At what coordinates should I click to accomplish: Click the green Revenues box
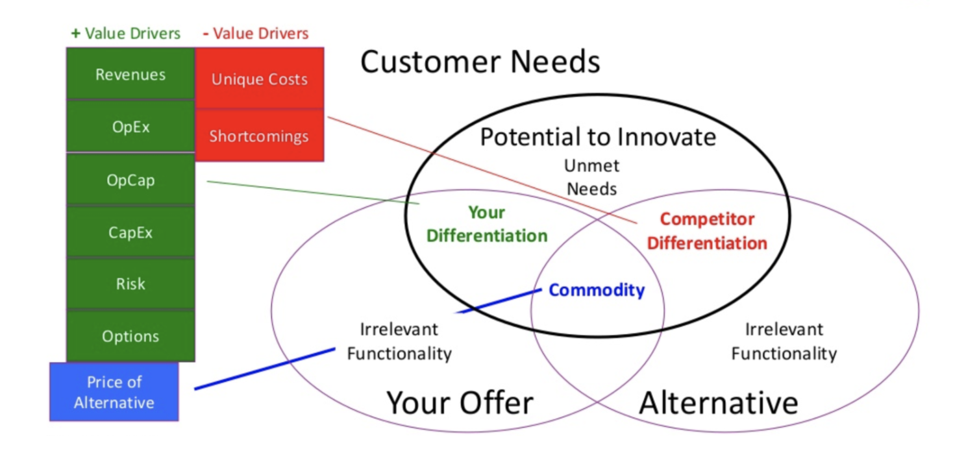(x=130, y=74)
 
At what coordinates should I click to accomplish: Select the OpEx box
(x=130, y=127)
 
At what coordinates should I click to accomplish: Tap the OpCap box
(x=130, y=180)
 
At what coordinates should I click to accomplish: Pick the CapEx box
(x=130, y=232)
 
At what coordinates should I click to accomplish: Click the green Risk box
(x=130, y=284)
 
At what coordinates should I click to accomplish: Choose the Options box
(x=130, y=336)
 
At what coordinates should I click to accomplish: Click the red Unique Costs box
(x=259, y=79)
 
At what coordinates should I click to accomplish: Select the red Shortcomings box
(x=259, y=136)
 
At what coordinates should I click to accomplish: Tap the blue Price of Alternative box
(x=114, y=392)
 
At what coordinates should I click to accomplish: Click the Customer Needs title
(x=480, y=62)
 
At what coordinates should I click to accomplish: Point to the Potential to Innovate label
(x=597, y=137)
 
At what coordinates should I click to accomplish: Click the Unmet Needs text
(x=591, y=176)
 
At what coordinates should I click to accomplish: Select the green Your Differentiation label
(x=486, y=224)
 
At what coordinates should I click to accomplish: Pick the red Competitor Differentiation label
(x=707, y=231)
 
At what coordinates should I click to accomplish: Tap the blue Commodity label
(x=596, y=290)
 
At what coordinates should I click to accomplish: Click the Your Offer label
(x=460, y=402)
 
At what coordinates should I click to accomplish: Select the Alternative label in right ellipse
(x=718, y=402)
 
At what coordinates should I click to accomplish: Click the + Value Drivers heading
(x=125, y=34)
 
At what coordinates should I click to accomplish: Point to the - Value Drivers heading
(x=255, y=33)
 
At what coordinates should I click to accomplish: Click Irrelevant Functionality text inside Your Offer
(x=399, y=341)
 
